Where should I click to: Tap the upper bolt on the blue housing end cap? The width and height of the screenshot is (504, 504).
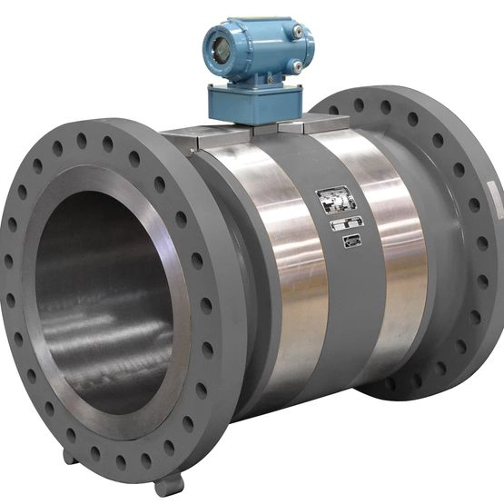pos(297,32)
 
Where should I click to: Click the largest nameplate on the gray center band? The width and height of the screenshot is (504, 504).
pos(334,200)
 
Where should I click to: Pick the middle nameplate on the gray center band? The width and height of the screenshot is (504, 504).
pos(346,223)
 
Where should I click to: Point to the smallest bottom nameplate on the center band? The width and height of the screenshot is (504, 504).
pos(351,240)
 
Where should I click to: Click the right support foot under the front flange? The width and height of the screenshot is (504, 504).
pos(170,482)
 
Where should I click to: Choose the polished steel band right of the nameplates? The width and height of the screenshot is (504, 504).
pos(395,245)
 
